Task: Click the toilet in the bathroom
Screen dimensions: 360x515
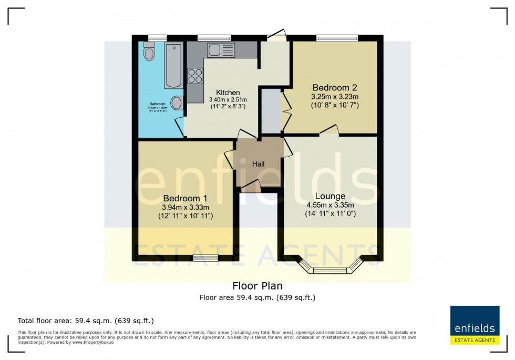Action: point(149,53)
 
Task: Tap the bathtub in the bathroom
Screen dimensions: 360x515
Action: point(173,66)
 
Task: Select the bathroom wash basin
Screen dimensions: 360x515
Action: point(177,102)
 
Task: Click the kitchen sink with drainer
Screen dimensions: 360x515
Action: point(221,50)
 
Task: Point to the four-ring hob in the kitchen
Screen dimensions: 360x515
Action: point(195,76)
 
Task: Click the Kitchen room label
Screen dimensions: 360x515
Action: point(228,92)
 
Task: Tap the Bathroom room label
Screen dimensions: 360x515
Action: point(157,104)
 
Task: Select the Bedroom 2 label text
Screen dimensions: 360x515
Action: point(335,87)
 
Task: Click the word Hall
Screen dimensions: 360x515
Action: point(258,164)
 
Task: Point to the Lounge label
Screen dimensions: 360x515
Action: point(330,196)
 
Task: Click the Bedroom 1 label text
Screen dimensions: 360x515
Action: point(185,198)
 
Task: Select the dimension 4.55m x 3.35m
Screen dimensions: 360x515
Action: point(330,205)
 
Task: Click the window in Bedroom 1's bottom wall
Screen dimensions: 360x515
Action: point(205,258)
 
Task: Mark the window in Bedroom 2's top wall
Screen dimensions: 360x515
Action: point(337,38)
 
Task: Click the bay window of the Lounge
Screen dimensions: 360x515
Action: point(330,270)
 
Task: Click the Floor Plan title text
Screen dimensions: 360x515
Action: point(257,286)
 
